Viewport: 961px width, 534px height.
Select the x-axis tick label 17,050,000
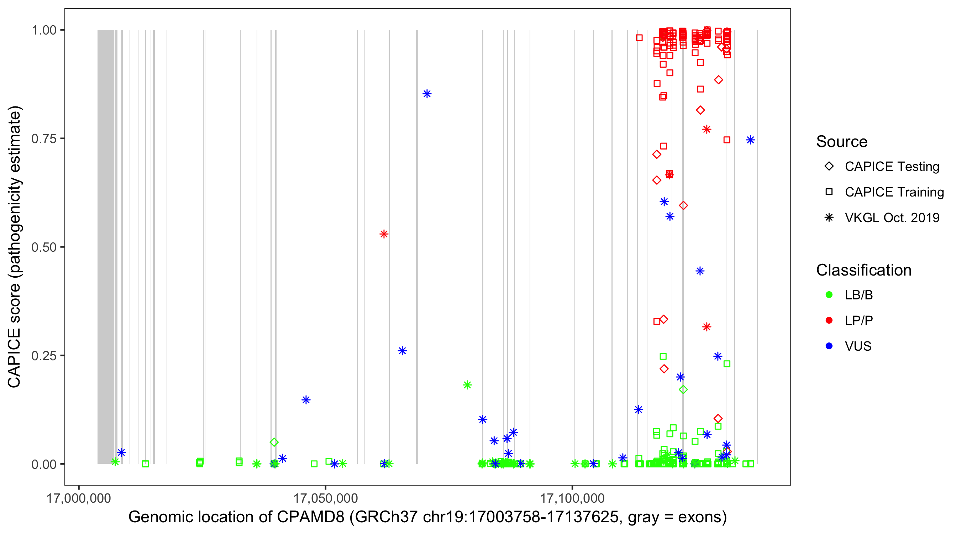coord(325,498)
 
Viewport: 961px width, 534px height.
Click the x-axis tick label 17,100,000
coord(572,498)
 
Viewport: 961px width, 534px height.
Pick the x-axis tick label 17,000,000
coord(78,498)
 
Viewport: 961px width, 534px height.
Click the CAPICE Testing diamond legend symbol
coord(829,167)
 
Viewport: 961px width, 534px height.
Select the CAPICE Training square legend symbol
coord(829,192)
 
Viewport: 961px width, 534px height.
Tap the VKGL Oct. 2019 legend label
coord(892,218)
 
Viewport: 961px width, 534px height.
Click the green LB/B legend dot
coord(829,295)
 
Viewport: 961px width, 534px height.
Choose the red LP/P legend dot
coord(829,320)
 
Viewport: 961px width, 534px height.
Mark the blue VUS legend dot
coord(829,346)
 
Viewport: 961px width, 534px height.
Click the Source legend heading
coord(841,142)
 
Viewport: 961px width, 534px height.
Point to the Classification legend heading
coord(863,270)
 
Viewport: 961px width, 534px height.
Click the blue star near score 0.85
coord(427,94)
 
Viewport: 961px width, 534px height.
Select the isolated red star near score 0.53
coord(384,234)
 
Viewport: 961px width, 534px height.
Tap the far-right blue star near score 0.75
coord(750,140)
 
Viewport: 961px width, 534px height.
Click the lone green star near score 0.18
coord(467,385)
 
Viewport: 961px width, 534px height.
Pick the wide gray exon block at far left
coord(106,246)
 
